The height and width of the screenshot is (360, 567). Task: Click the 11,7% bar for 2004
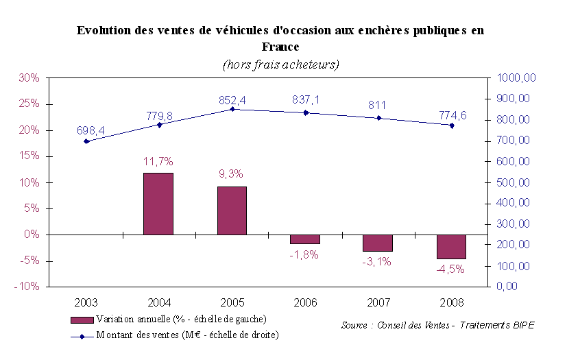coord(158,204)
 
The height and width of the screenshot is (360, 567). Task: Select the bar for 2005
coord(232,211)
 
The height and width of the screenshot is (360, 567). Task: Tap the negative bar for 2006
coord(305,239)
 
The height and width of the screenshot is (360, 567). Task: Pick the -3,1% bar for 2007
coord(378,243)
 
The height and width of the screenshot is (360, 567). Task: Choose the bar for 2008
coord(451,247)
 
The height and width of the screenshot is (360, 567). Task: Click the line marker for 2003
coord(86,141)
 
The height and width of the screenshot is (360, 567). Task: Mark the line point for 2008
coord(451,125)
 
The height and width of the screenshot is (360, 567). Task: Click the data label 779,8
coord(160,116)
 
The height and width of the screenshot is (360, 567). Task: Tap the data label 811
coord(377,105)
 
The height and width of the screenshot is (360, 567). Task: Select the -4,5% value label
coord(450,269)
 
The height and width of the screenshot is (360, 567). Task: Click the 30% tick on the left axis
coord(29,78)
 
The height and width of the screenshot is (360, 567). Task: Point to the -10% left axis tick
coord(27,287)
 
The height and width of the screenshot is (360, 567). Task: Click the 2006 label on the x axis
coord(305,302)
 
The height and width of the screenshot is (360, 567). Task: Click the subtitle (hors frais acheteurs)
coord(282,64)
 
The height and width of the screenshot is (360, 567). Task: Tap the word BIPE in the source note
coord(520,325)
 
